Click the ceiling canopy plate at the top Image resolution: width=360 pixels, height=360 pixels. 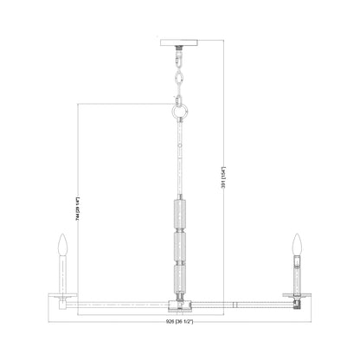pos(180,43)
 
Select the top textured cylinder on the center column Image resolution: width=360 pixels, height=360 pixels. pos(180,216)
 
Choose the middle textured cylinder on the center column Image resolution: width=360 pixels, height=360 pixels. pos(180,246)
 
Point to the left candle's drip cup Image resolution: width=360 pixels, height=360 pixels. pos(61,294)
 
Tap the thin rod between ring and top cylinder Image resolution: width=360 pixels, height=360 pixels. pos(180,160)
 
